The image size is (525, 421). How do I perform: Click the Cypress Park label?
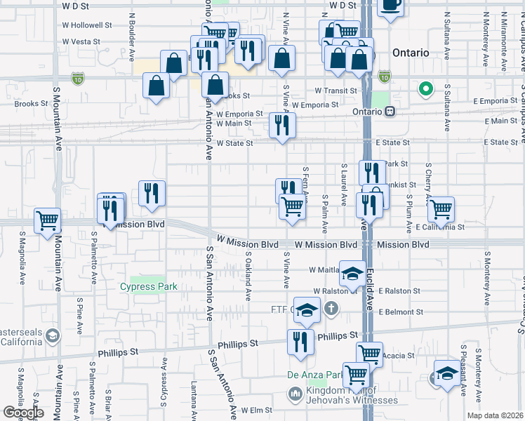(148, 286)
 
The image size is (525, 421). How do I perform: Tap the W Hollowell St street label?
(87, 25)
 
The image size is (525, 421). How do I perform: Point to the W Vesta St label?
(81, 42)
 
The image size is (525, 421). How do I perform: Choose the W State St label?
(234, 143)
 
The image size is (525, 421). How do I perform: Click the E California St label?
(440, 227)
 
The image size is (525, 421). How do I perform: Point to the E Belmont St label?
(401, 312)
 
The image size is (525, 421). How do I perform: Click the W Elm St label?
(256, 410)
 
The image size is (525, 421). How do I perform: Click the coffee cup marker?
(391, 6)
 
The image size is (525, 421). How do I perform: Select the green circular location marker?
(424, 89)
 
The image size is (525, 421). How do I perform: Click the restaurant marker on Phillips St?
(300, 342)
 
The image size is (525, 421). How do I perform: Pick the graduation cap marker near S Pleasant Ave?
(447, 373)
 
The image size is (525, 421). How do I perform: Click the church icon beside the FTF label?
(331, 309)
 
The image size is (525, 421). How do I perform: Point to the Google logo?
(23, 413)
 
